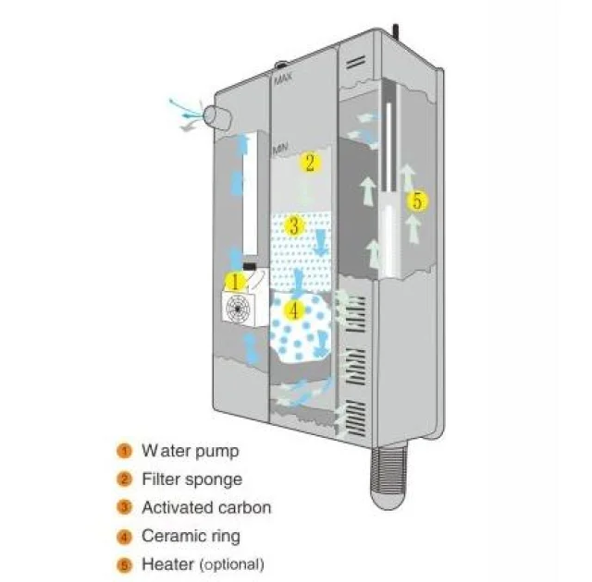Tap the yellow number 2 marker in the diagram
click(x=310, y=164)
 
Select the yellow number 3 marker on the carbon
click(x=293, y=224)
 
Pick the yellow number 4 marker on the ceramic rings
click(x=294, y=310)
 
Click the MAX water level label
click(x=284, y=82)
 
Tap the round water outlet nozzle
click(x=218, y=116)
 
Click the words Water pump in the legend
click(x=190, y=451)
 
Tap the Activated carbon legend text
click(x=206, y=507)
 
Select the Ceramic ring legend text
click(x=191, y=535)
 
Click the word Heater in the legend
click(x=166, y=563)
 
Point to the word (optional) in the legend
click(x=230, y=564)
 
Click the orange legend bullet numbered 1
click(x=124, y=452)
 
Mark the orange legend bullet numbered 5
click(x=124, y=564)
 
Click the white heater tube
click(x=390, y=185)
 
